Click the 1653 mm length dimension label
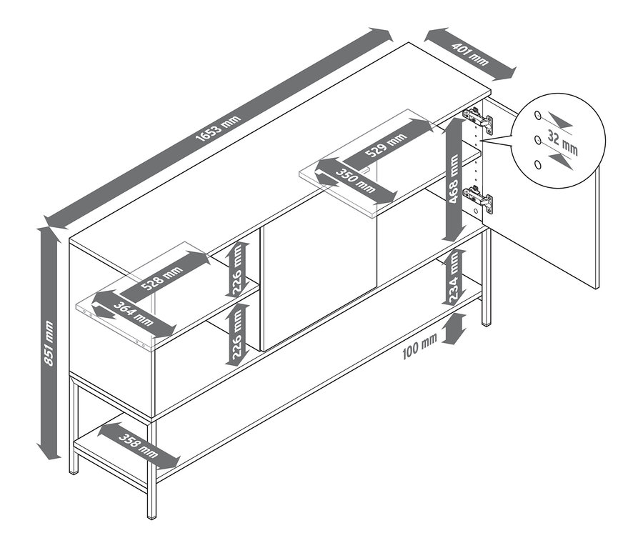218,129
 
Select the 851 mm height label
49,343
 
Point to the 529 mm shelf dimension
387,145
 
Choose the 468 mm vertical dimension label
453,179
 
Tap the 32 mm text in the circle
562,143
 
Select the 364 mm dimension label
134,314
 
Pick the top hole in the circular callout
537,115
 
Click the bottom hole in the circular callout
537,165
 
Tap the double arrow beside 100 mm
455,329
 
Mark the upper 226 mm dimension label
237,270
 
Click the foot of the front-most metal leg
151,517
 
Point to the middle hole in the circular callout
537,140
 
